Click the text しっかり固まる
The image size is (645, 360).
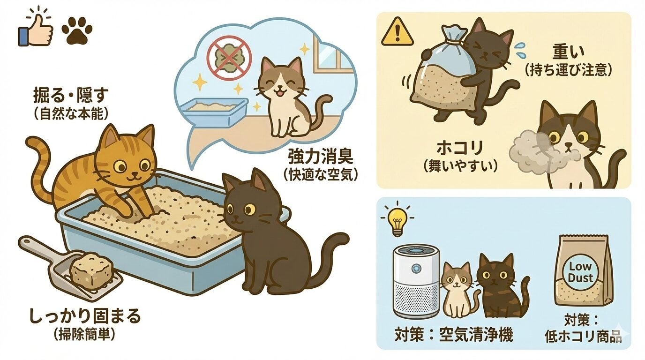pyautogui.click(x=85, y=316)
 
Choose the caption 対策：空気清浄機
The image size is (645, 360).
pyautogui.click(x=453, y=335)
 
